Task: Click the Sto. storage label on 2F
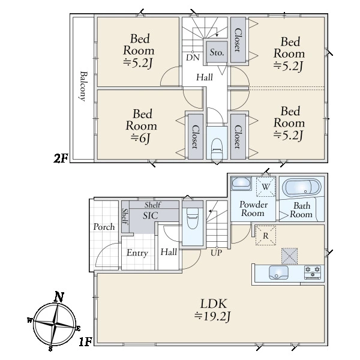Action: pyautogui.click(x=217, y=52)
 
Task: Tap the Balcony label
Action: pyautogui.click(x=83, y=86)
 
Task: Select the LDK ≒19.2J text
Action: pyautogui.click(x=212, y=310)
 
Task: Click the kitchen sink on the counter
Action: pyautogui.click(x=278, y=272)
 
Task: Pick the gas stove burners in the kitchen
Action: pyautogui.click(x=313, y=272)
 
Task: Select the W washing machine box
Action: pyautogui.click(x=266, y=187)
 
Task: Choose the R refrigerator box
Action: pyautogui.click(x=266, y=236)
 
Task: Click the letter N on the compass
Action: pyautogui.click(x=59, y=297)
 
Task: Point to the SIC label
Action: pyautogui.click(x=151, y=215)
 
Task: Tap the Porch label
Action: pyautogui.click(x=104, y=227)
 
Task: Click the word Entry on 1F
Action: pyautogui.click(x=137, y=253)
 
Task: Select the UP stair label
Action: pyautogui.click(x=216, y=253)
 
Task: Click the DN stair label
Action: pyautogui.click(x=193, y=58)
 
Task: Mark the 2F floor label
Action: pyautogui.click(x=61, y=158)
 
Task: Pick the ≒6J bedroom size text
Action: pyautogui.click(x=140, y=138)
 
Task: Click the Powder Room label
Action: pyautogui.click(x=253, y=209)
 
